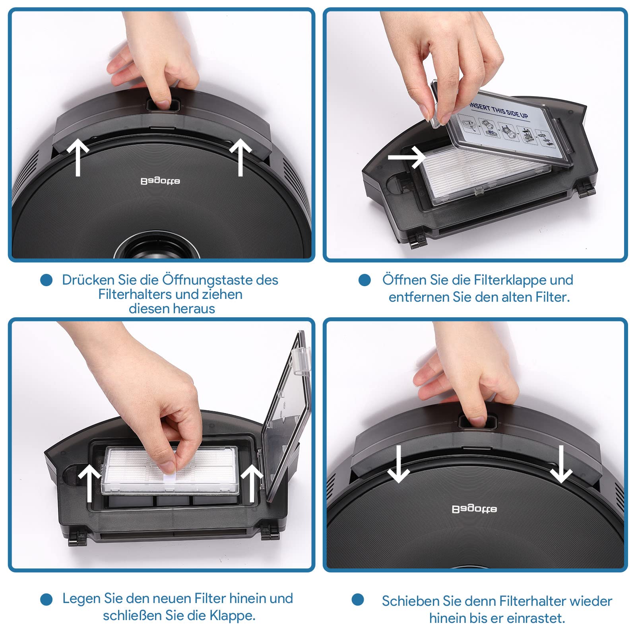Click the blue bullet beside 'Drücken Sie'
pyautogui.click(x=47, y=280)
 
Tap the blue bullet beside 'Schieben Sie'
pyautogui.click(x=358, y=600)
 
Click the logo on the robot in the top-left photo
pyautogui.click(x=160, y=181)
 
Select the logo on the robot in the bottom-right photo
pyautogui.click(x=474, y=509)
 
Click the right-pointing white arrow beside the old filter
pyautogui.click(x=406, y=157)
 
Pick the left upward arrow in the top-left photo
pyautogui.click(x=78, y=157)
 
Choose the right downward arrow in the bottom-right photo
pyautogui.click(x=561, y=464)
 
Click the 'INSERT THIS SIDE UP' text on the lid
pyautogui.click(x=498, y=110)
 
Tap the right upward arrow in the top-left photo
pyautogui.click(x=240, y=157)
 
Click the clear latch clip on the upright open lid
pyautogui.click(x=301, y=361)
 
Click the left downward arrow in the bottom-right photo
pyautogui.click(x=398, y=464)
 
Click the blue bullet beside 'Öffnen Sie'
pyautogui.click(x=365, y=280)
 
